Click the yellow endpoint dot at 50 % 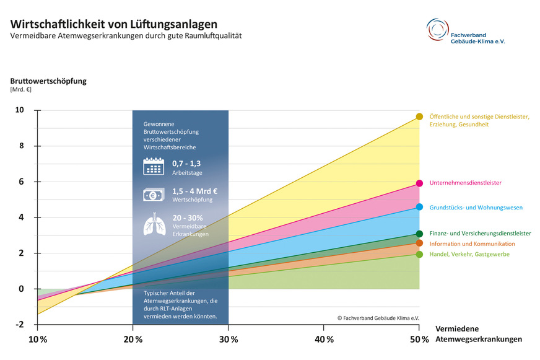point(419,116)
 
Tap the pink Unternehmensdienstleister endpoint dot point(419,183)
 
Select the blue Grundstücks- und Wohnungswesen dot point(419,207)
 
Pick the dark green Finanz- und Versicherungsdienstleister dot point(419,234)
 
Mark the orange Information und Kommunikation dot point(419,243)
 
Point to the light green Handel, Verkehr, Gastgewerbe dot point(419,254)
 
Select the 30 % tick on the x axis point(229,340)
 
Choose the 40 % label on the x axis point(324,340)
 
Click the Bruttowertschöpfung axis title point(48,81)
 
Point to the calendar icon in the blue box point(154,166)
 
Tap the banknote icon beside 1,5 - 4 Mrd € point(154,195)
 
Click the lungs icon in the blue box point(154,224)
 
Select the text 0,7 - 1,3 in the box point(186,163)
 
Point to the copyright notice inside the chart point(378,317)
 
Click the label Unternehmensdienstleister point(465,183)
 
